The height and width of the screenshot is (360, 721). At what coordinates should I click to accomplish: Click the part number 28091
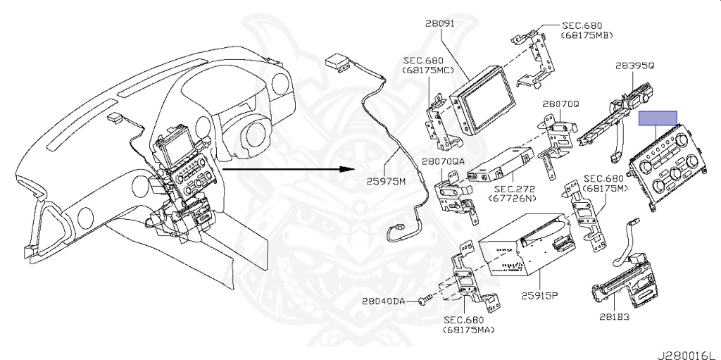(x=441, y=23)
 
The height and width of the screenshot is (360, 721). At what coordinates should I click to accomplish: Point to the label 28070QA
(x=443, y=161)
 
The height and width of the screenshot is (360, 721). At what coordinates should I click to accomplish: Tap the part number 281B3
(x=615, y=317)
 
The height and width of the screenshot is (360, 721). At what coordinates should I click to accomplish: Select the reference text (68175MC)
(x=427, y=71)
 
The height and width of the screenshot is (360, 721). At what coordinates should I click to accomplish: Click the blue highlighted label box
(x=658, y=118)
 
